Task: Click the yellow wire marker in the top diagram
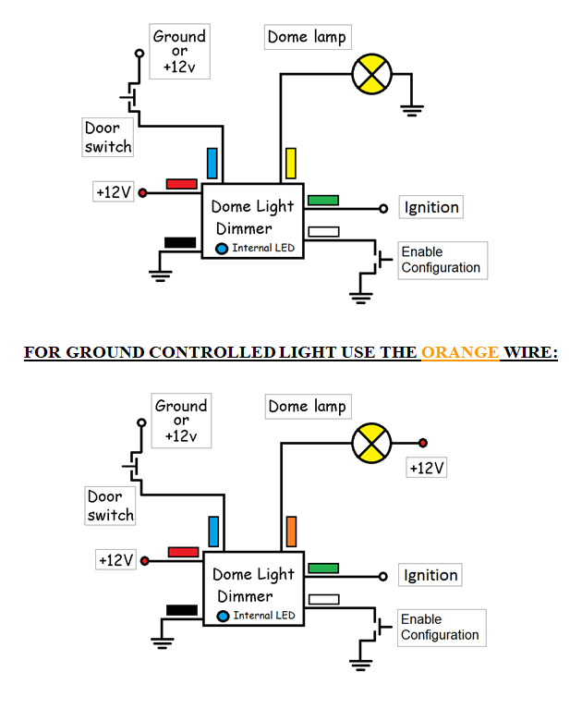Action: tap(290, 163)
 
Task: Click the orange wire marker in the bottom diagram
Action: tap(291, 532)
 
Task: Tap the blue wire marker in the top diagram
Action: tap(212, 163)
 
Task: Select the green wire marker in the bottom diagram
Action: tap(323, 568)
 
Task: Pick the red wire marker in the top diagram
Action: tap(181, 184)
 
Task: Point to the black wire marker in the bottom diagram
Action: tap(181, 609)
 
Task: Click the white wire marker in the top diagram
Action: tap(323, 232)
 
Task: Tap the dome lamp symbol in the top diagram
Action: tap(373, 74)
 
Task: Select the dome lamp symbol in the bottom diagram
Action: tap(372, 442)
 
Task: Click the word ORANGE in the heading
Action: tap(460, 352)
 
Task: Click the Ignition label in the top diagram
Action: tap(430, 207)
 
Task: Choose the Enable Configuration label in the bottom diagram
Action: tap(441, 628)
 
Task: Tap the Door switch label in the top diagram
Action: tap(108, 138)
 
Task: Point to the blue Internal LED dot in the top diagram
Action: tap(223, 248)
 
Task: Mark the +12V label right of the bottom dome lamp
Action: tap(427, 468)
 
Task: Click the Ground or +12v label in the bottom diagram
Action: tap(181, 421)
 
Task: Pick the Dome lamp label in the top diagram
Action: tap(307, 38)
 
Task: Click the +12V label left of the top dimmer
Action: tap(114, 192)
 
